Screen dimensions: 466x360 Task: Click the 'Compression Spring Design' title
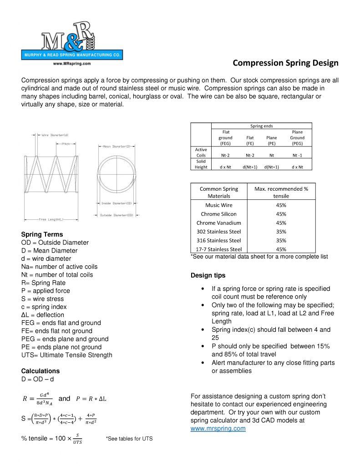(285, 62)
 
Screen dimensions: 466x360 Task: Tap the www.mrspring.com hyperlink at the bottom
(218, 428)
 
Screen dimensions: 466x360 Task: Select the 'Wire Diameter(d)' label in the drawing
(55, 135)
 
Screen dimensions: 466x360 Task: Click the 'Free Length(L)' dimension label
(55, 219)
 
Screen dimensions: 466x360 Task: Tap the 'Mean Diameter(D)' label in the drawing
(117, 147)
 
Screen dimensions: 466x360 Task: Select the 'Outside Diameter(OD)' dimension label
(117, 215)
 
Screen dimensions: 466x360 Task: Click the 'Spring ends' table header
(262, 126)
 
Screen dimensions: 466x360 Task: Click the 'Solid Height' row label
(201, 164)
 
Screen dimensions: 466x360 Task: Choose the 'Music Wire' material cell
(219, 205)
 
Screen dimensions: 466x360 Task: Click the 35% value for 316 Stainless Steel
(281, 240)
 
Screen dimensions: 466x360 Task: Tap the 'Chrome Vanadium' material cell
(219, 223)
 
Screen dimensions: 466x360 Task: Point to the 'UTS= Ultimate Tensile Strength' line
(66, 355)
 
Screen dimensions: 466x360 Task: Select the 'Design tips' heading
(208, 275)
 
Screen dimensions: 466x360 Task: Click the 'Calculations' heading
(41, 371)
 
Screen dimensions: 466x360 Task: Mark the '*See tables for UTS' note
(129, 439)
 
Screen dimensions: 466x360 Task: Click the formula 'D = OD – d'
(41, 379)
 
